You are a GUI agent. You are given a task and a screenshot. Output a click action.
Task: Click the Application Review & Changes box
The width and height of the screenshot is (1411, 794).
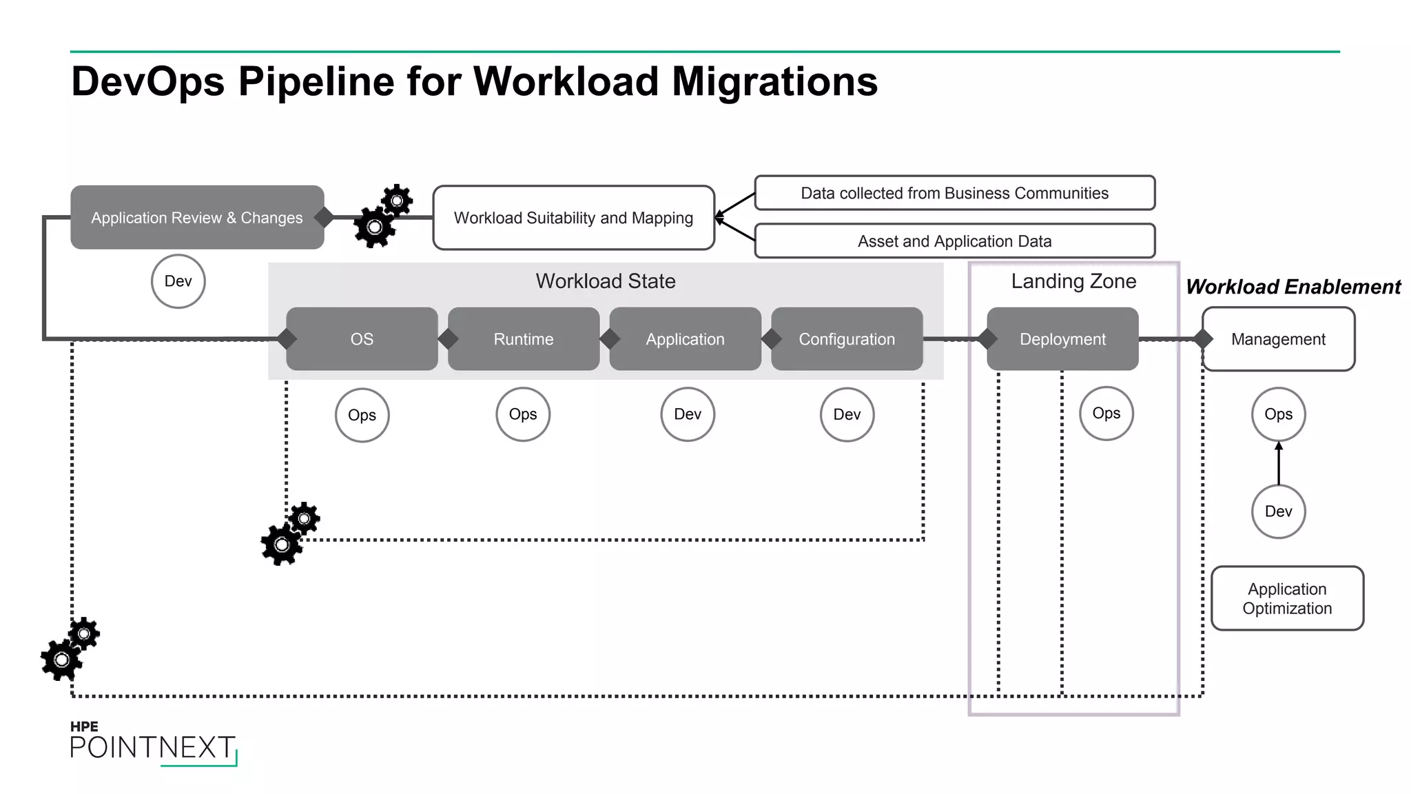197,217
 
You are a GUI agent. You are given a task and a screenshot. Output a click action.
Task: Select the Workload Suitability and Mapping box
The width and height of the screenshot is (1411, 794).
573,217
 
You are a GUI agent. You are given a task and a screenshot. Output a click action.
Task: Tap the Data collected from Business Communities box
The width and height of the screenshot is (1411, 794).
954,193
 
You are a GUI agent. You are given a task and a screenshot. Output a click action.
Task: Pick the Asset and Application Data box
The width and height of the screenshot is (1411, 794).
954,241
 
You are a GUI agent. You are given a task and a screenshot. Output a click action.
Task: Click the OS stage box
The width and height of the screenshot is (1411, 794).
362,338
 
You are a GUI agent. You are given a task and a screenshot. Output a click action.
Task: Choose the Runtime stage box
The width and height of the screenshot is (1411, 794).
524,338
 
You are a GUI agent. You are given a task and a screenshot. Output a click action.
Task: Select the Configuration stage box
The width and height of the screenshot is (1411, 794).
847,338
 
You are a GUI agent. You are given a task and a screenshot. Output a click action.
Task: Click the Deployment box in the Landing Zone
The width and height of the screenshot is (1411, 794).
1062,338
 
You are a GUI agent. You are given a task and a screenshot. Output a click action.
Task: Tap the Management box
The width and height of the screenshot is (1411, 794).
1278,338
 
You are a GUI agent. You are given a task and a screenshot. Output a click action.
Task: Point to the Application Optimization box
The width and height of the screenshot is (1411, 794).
1287,598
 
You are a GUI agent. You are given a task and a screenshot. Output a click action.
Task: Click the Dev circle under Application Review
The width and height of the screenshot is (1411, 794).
178,281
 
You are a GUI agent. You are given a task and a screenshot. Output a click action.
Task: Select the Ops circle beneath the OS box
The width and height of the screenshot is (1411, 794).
362,415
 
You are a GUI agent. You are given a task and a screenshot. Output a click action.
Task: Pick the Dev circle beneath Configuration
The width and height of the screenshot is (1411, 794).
847,414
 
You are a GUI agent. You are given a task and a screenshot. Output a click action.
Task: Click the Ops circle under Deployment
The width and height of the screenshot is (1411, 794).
1106,413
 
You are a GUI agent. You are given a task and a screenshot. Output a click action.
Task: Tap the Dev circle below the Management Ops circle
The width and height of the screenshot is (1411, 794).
1278,511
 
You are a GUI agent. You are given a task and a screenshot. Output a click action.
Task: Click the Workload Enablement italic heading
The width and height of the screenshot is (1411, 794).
1293,287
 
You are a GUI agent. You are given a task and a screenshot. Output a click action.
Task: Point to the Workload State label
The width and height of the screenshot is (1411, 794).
606,281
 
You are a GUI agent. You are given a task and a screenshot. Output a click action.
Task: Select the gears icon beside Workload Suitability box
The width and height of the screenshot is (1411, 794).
383,216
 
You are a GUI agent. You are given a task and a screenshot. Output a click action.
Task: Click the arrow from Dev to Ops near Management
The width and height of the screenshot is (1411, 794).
1279,463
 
